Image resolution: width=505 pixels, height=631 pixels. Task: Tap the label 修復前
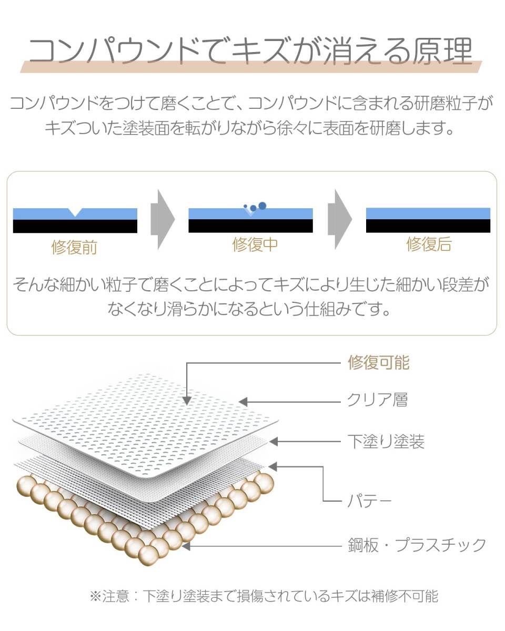[74, 247]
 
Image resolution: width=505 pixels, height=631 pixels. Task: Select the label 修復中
[255, 245]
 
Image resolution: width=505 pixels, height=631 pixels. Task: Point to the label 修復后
[429, 245]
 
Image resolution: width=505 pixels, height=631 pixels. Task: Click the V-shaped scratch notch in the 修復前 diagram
[76, 212]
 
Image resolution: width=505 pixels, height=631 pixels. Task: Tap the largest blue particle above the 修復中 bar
[262, 206]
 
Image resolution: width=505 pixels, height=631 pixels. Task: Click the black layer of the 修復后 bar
[428, 226]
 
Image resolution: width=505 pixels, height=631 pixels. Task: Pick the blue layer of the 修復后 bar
[428, 213]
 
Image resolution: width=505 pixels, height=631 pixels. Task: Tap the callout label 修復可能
[378, 362]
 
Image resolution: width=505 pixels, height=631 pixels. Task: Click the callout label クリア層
[377, 401]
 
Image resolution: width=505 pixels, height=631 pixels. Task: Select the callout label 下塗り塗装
[386, 442]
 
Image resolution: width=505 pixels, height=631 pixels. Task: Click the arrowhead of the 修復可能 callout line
[186, 401]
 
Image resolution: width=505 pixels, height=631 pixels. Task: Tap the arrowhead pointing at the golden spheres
[185, 546]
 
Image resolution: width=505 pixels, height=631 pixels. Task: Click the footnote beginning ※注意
[263, 596]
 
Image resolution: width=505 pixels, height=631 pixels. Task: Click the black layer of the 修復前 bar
[75, 227]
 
